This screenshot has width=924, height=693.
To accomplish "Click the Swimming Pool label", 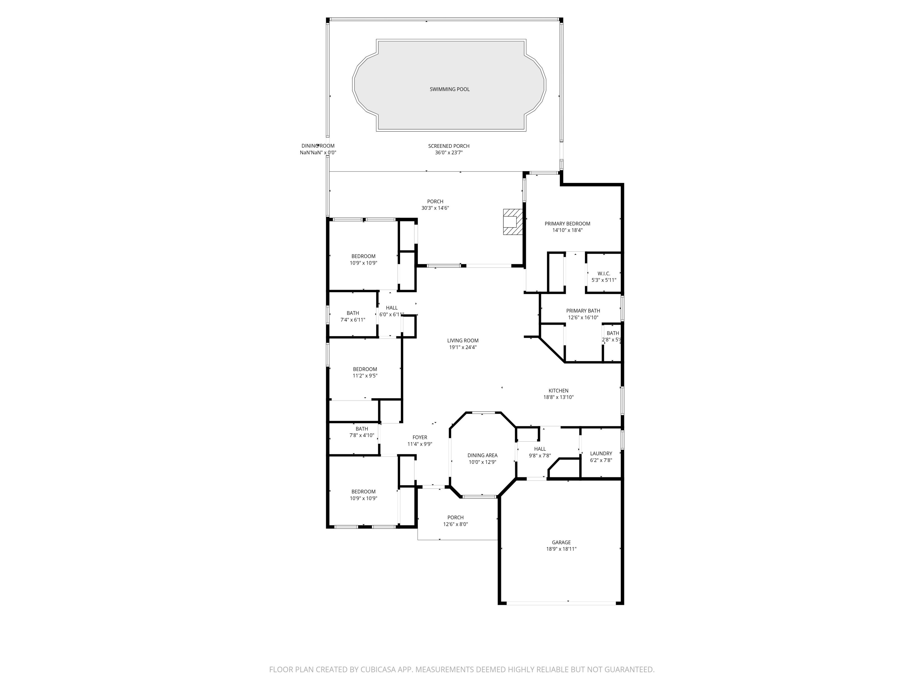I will (x=449, y=89).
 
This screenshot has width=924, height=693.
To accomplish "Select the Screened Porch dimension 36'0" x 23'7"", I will (x=449, y=153).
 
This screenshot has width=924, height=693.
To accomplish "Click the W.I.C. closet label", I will (x=604, y=274).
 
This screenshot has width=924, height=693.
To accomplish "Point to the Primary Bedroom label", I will (x=567, y=224).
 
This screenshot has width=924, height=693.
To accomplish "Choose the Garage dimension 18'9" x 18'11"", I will (x=561, y=549).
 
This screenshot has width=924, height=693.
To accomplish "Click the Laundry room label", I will (x=601, y=453).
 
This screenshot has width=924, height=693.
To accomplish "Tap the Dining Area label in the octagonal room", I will (x=482, y=455).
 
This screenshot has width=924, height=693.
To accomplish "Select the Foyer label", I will (x=420, y=437).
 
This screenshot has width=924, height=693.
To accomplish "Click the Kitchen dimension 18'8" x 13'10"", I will (x=558, y=397).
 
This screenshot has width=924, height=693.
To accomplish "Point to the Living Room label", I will (x=463, y=340).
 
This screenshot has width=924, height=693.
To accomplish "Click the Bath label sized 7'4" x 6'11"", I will (x=353, y=313).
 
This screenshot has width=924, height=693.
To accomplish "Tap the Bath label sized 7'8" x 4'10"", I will (x=362, y=429).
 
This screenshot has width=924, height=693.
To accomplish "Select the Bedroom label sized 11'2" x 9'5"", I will (x=365, y=369).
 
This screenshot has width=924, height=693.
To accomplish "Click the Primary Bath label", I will (x=583, y=311).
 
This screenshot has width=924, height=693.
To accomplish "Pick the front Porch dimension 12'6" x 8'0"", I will (x=455, y=524).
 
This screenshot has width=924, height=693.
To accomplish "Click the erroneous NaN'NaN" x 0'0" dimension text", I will (x=318, y=153).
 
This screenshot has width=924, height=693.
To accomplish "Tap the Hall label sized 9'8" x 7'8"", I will (x=540, y=449).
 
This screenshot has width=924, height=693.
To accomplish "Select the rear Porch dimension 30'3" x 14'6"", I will (x=435, y=208).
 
